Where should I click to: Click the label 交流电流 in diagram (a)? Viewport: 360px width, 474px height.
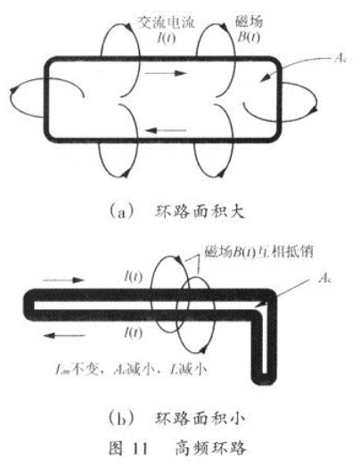[x=167, y=22]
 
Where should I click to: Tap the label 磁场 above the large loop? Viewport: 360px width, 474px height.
[x=250, y=21]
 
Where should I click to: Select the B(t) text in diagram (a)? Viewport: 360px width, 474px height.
[x=249, y=37]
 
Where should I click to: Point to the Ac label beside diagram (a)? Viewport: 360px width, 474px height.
[x=340, y=58]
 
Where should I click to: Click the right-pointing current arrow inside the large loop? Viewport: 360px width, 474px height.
[x=165, y=73]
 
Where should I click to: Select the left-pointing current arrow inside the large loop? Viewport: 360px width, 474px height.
[x=166, y=130]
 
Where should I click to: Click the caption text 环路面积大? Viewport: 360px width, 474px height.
[x=200, y=212]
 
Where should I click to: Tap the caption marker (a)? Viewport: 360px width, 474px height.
[x=121, y=212]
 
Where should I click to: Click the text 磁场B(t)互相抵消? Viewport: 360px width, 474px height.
[x=258, y=252]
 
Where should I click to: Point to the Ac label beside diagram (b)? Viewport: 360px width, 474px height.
[x=325, y=278]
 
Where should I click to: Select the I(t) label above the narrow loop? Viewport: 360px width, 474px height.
[x=134, y=276]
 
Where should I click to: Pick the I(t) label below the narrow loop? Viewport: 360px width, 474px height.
[x=134, y=332]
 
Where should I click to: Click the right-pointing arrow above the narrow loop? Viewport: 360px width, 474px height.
[x=63, y=280]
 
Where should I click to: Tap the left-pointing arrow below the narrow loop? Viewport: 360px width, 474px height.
[x=64, y=335]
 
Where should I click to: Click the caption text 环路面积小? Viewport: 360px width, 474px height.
[x=200, y=419]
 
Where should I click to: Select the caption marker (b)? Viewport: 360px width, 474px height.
[x=121, y=420]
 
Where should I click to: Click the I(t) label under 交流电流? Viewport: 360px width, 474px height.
[x=167, y=37]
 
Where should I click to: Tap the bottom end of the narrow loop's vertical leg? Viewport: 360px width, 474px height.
[x=264, y=381]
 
